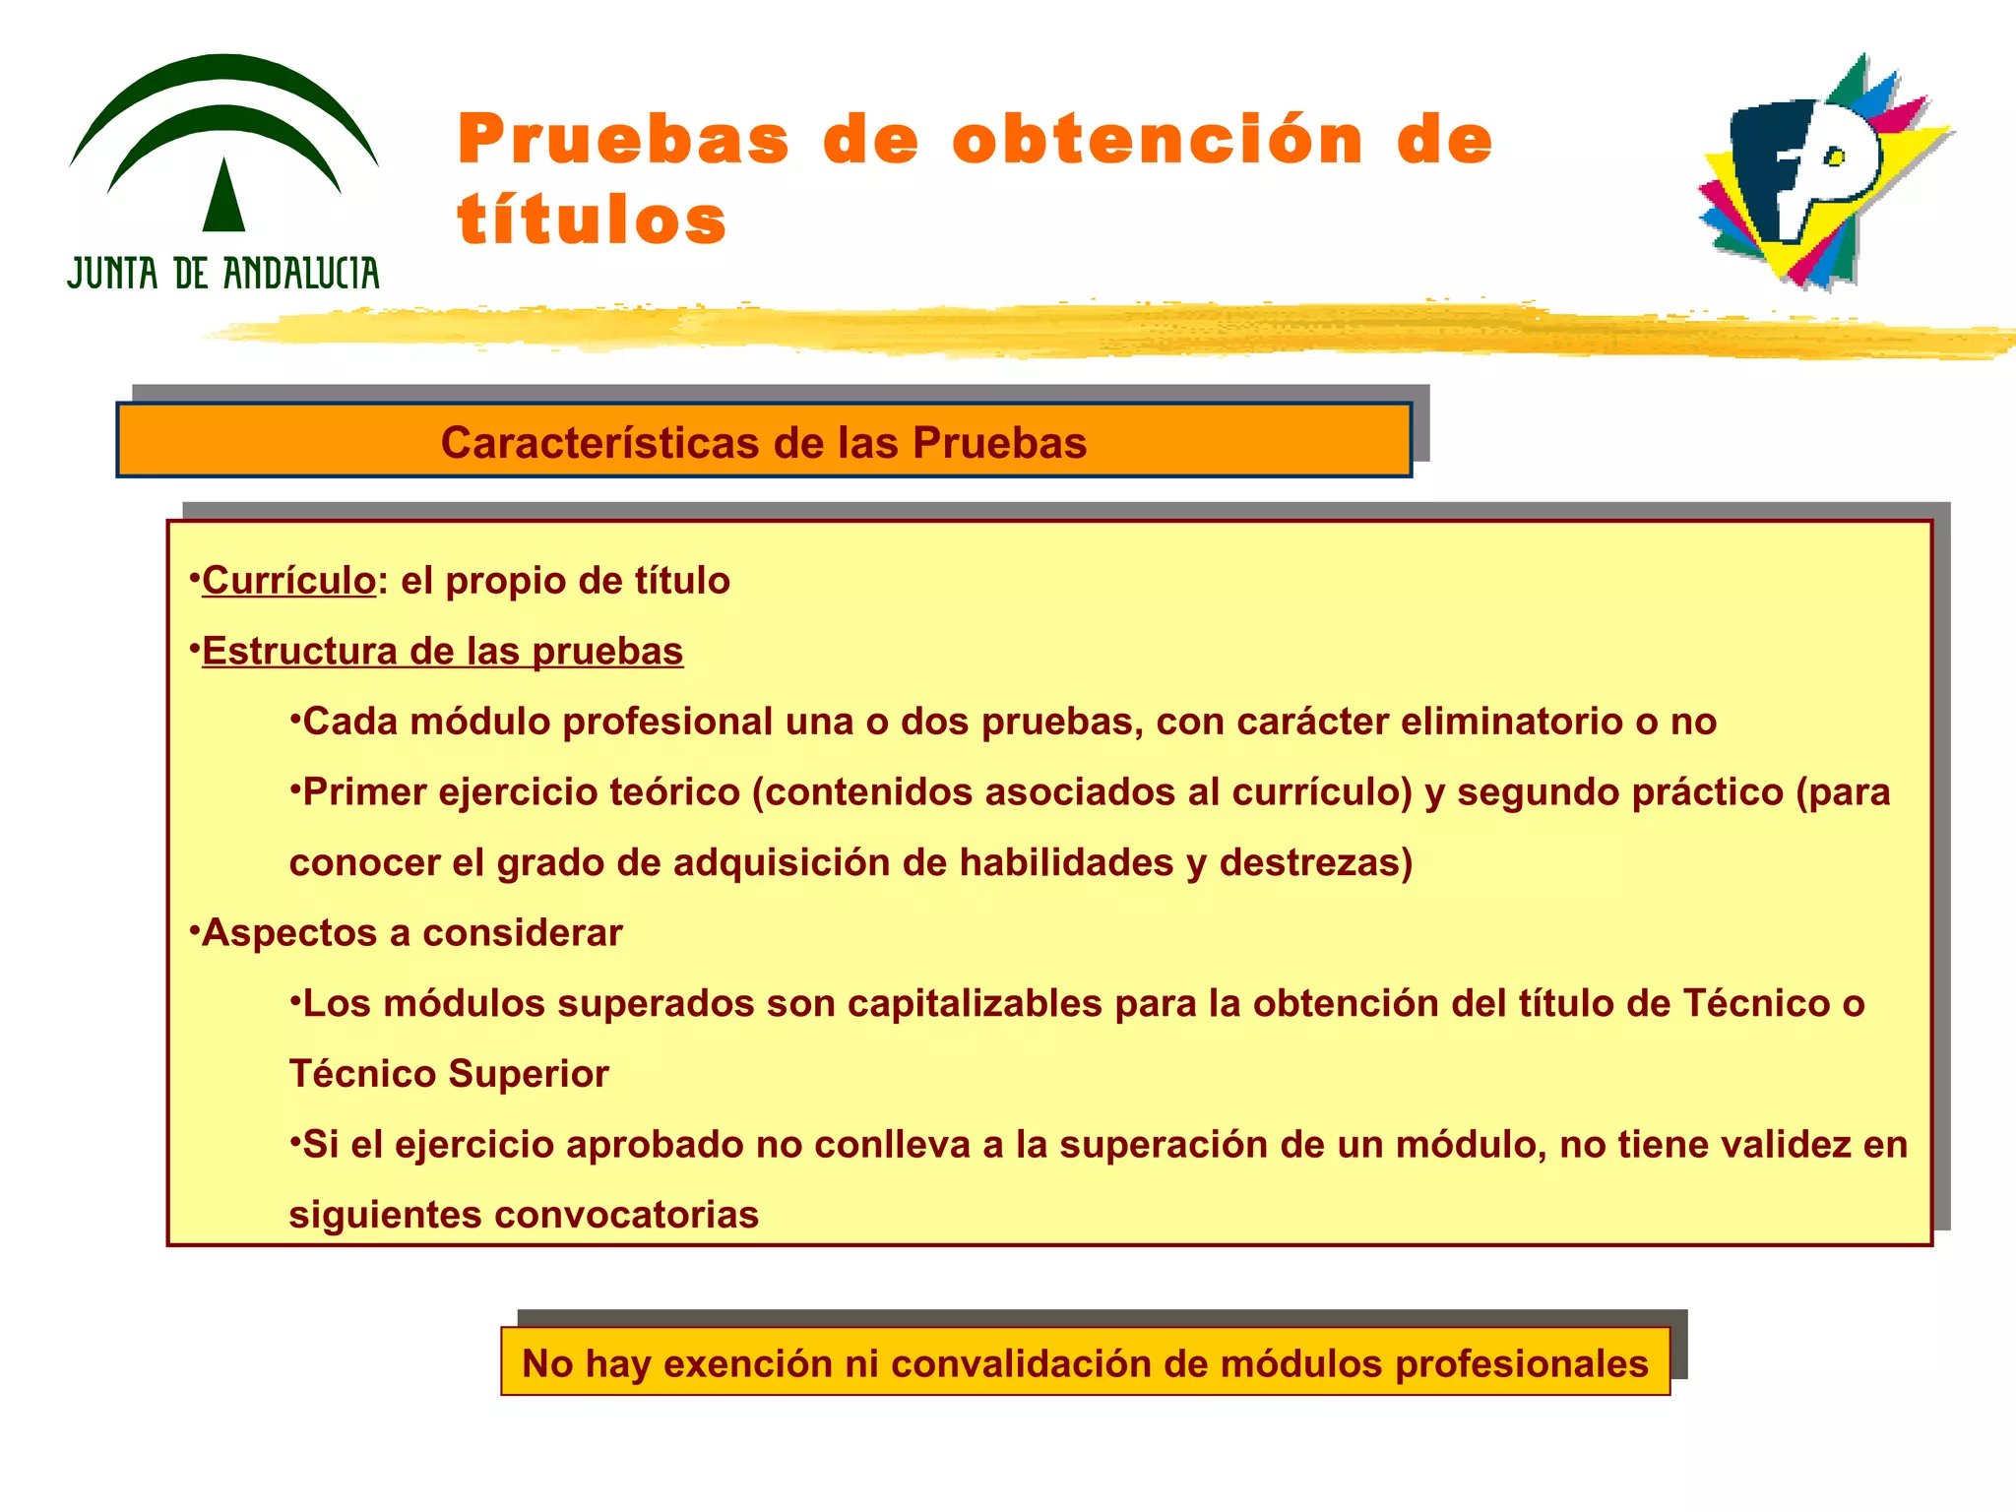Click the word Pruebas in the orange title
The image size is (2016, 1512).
pyautogui.click(x=623, y=140)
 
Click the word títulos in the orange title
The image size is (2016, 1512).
pyautogui.click(x=592, y=220)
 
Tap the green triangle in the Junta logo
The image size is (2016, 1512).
pyautogui.click(x=224, y=197)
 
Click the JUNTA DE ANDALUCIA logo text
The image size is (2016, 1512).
pyautogui.click(x=223, y=273)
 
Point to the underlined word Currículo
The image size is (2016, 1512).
pyautogui.click(x=288, y=581)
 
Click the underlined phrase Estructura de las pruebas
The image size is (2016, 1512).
pyautogui.click(x=442, y=652)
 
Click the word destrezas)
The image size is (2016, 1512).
pyautogui.click(x=1316, y=863)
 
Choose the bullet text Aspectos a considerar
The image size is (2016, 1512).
pyautogui.click(x=411, y=933)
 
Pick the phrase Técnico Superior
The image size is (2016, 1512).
pyautogui.click(x=449, y=1074)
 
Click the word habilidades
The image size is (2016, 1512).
pyautogui.click(x=1066, y=863)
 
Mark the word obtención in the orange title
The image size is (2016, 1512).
pyautogui.click(x=1158, y=140)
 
